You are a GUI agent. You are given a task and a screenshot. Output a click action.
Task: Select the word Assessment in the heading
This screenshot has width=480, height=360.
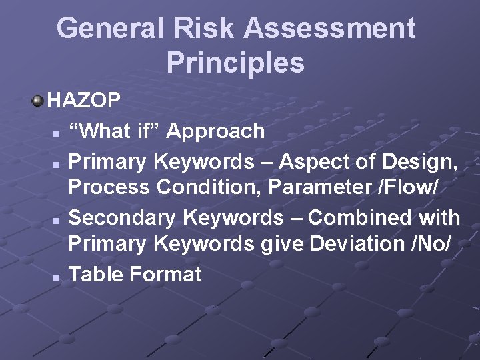point(329,29)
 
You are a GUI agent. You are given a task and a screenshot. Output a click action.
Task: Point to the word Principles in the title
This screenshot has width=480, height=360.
point(235,63)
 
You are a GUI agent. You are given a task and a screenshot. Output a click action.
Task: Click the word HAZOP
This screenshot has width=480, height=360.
point(84,101)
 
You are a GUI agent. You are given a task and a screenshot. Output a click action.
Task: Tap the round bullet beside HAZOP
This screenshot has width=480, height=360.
point(38,101)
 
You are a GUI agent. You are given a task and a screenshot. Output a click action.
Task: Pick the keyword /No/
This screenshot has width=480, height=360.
point(433,244)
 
